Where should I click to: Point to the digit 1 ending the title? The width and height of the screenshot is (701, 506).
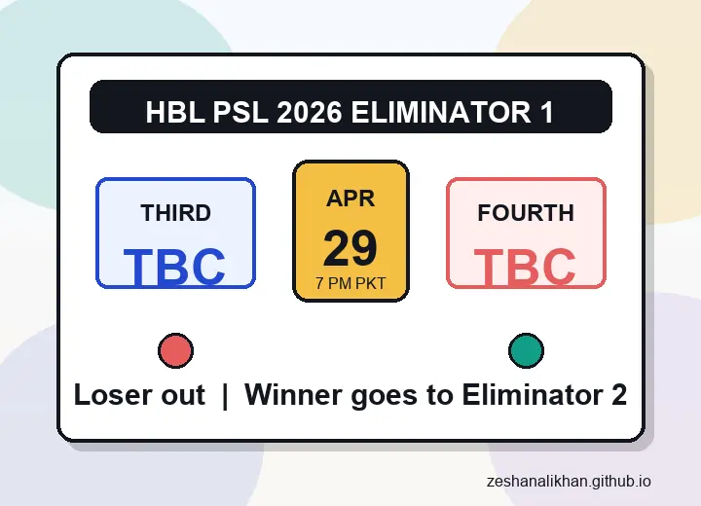pyautogui.click(x=546, y=112)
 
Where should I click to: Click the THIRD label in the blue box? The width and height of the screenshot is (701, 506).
pyautogui.click(x=175, y=213)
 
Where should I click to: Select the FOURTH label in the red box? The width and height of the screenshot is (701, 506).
pyautogui.click(x=526, y=213)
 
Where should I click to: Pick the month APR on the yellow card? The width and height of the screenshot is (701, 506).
pyautogui.click(x=350, y=199)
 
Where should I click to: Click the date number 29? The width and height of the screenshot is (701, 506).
pyautogui.click(x=350, y=248)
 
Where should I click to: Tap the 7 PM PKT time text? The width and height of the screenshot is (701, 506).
pyautogui.click(x=350, y=284)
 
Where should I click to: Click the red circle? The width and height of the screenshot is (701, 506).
pyautogui.click(x=175, y=350)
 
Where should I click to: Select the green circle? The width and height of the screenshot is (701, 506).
pyautogui.click(x=526, y=350)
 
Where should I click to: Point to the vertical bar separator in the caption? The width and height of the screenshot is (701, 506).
pyautogui.click(x=225, y=395)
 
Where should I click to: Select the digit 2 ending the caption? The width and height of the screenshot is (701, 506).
pyautogui.click(x=618, y=395)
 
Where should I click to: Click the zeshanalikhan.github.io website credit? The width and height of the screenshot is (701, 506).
pyautogui.click(x=570, y=482)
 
